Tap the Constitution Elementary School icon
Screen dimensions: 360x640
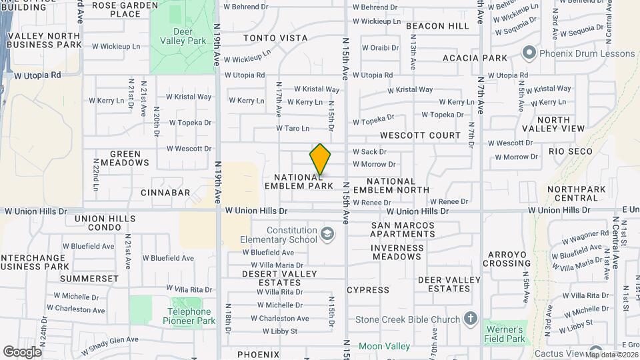point(327,234)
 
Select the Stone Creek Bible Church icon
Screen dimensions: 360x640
point(471,319)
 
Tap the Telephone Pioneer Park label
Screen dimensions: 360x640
point(189,316)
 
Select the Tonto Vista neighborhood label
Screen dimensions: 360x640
point(275,38)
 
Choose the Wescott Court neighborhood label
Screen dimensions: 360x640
point(420,135)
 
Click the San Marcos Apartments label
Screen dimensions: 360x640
point(403,230)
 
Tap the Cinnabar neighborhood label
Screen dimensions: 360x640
point(165,193)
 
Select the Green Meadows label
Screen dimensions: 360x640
point(125,158)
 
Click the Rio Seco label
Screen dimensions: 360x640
point(571,151)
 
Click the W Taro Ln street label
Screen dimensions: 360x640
point(293,128)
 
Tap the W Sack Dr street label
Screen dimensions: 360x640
point(369,152)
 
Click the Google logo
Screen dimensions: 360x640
point(22,351)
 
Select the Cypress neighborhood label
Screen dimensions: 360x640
point(368,290)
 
